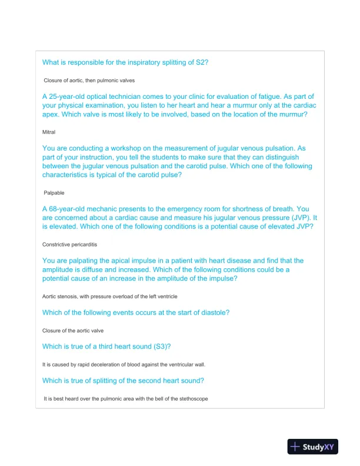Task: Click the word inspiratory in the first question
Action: (x=144, y=62)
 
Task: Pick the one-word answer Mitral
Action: (x=49, y=132)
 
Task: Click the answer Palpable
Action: (x=54, y=192)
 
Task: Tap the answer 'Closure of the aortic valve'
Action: (x=73, y=331)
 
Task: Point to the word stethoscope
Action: (x=192, y=399)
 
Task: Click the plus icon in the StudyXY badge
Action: (x=295, y=447)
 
